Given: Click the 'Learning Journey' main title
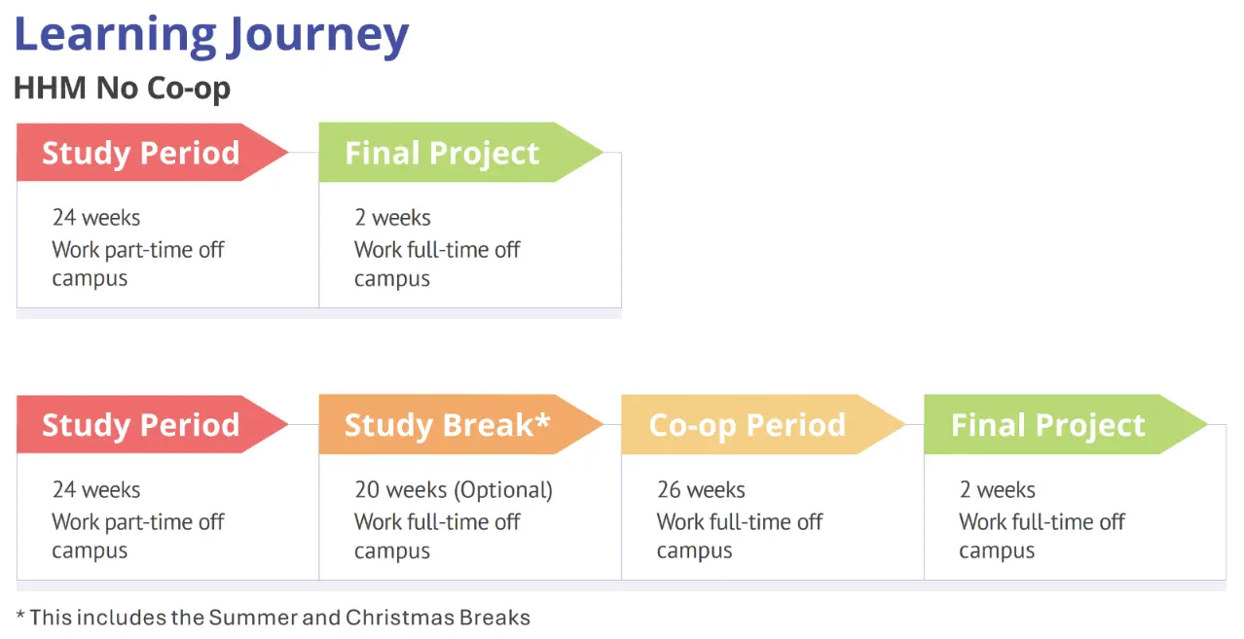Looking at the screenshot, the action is [211, 37].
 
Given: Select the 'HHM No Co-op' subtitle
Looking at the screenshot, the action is [123, 89].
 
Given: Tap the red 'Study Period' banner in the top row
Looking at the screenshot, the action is [152, 153].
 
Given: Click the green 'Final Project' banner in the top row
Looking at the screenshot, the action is [460, 153].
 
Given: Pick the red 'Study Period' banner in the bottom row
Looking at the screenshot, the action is [152, 425].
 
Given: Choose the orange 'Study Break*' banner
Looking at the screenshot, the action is [460, 425].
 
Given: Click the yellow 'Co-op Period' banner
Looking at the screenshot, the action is [763, 425].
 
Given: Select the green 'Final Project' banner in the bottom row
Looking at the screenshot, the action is [1065, 425].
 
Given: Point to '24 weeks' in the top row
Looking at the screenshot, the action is [96, 218].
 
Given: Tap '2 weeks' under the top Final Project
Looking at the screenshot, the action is [392, 218].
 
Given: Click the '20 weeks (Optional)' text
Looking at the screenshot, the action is [454, 490].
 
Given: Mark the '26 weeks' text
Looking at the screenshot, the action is [701, 490].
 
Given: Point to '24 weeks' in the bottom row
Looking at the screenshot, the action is [96, 490].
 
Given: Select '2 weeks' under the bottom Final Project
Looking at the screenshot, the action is [998, 490].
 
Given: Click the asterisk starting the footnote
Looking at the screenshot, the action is [20, 615].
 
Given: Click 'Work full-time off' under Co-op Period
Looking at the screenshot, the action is [740, 522].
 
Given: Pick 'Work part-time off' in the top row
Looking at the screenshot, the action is [138, 250].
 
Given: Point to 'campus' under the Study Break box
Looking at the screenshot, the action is [392, 551].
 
